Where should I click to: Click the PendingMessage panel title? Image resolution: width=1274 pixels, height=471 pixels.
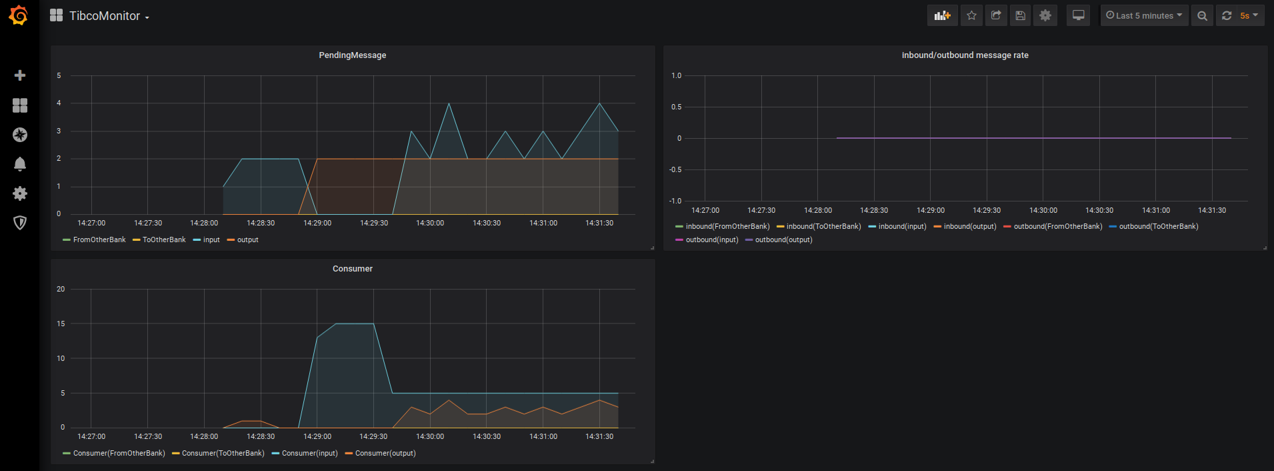[x=352, y=55]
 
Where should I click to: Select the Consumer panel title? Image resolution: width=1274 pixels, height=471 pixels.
[x=353, y=269]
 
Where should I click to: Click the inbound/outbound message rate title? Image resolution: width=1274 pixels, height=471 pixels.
[x=965, y=55]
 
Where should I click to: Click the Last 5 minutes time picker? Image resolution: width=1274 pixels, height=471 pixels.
[x=1144, y=15]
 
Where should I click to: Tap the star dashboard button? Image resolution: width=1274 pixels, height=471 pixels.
[x=971, y=15]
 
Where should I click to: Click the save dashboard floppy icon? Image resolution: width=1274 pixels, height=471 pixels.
[x=1020, y=15]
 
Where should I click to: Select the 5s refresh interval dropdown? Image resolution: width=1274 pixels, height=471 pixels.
[x=1249, y=15]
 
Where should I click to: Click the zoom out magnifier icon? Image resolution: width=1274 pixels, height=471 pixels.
[x=1202, y=15]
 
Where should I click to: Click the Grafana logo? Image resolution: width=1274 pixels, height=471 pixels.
[x=19, y=15]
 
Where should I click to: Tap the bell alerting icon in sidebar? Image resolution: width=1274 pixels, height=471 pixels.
[x=20, y=164]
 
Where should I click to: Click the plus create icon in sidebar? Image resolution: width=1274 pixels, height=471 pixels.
[x=20, y=75]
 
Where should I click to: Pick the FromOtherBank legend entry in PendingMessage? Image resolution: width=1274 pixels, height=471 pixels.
[x=94, y=240]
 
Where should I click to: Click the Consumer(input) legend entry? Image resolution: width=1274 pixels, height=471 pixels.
[x=305, y=454]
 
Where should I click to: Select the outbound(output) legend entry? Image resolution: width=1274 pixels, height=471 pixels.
[x=779, y=240]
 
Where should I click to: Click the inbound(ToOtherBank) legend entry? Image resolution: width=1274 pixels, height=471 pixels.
[x=819, y=227]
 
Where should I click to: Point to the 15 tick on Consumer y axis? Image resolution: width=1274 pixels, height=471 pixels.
[x=61, y=324]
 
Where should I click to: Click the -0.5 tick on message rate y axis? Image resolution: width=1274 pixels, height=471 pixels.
[x=675, y=169]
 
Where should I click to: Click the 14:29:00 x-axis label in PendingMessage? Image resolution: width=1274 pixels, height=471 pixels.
[x=317, y=223]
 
